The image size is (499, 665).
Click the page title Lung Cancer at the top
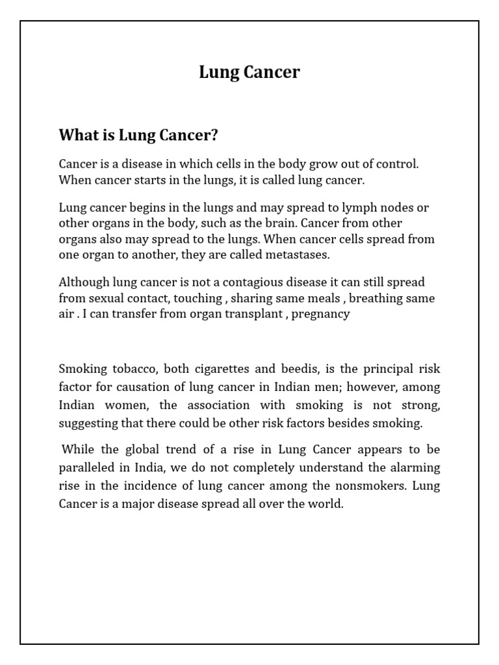249,72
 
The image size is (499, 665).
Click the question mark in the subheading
214,135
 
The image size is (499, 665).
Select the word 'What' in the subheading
75,135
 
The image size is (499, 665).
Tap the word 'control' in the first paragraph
396,164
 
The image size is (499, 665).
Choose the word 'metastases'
300,255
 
